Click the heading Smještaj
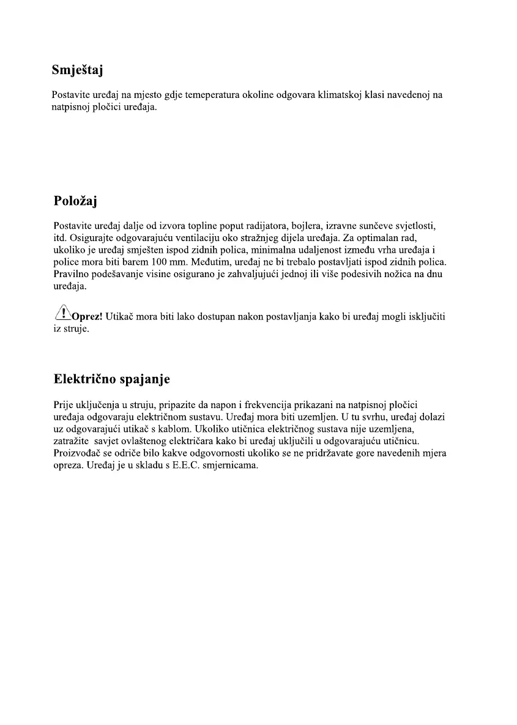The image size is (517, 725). click(x=77, y=70)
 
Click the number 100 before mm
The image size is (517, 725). click(x=160, y=262)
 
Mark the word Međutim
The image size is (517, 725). click(x=205, y=262)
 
